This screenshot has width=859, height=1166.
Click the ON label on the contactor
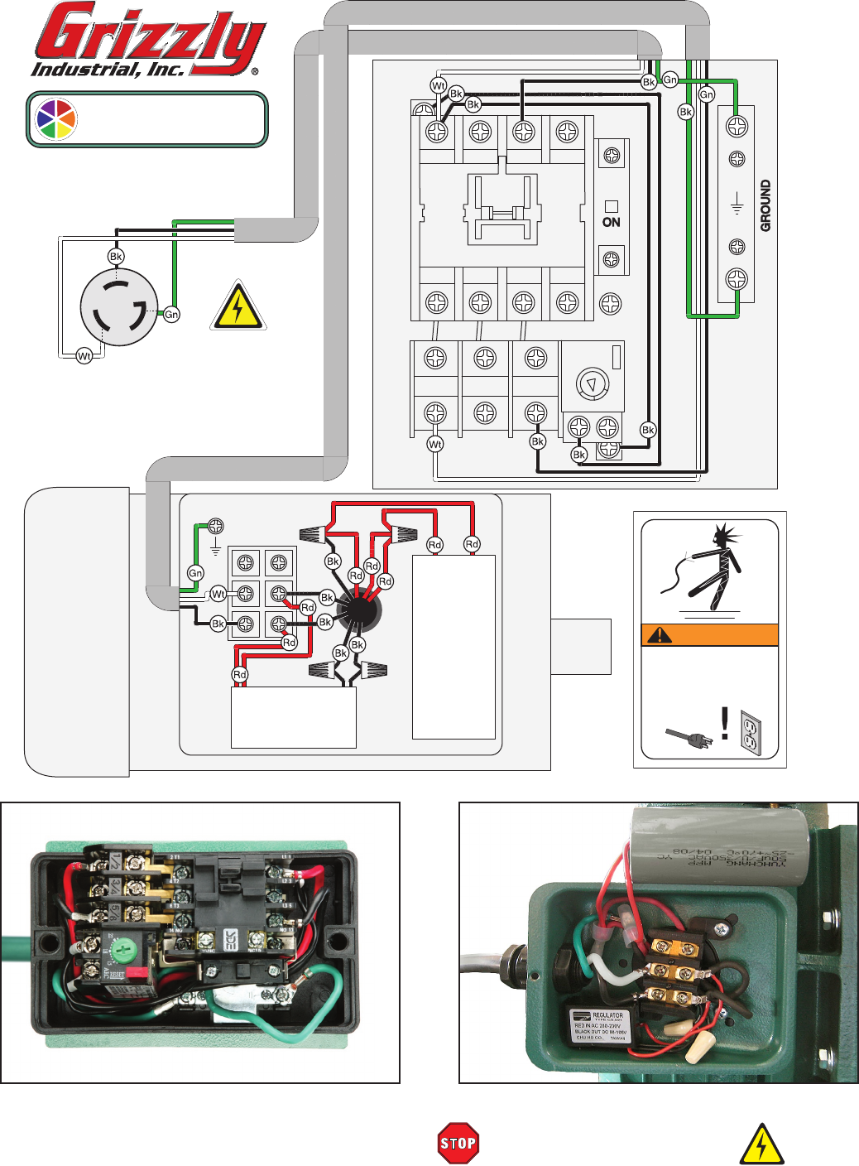612,222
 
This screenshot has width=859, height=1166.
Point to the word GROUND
765,205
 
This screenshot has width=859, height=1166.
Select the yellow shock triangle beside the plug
238,306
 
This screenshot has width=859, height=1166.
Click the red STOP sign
458,1144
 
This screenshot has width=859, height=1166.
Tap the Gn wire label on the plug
171,315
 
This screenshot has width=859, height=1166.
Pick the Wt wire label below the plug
84,356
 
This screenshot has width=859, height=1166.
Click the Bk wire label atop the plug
116,257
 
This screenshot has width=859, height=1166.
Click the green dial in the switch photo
122,949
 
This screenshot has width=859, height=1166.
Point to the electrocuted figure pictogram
710,563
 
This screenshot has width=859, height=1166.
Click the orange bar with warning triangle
709,635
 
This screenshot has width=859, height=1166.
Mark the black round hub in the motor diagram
358,612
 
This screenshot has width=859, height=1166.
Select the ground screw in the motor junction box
215,526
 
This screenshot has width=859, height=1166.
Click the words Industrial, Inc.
108,70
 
